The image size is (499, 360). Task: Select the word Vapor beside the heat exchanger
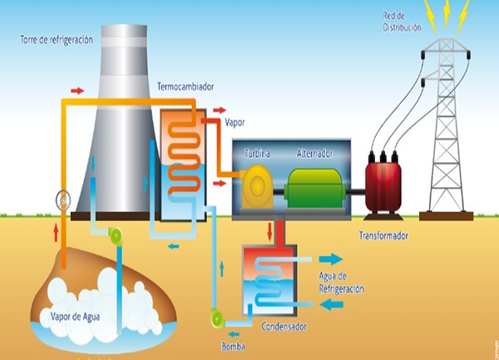point(235,122)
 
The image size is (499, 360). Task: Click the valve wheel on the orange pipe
point(63,200)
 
